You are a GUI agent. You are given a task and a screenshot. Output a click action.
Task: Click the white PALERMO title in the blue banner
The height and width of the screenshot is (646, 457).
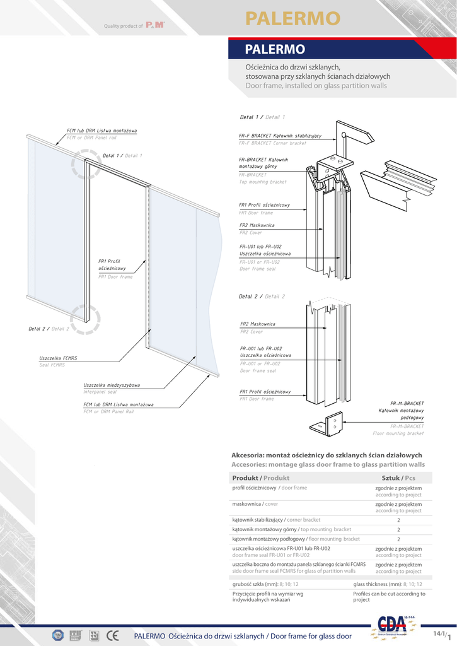[275, 49]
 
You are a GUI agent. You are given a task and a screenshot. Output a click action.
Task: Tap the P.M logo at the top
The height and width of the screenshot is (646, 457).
[155, 26]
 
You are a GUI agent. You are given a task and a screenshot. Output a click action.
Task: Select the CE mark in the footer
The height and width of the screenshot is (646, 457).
[113, 635]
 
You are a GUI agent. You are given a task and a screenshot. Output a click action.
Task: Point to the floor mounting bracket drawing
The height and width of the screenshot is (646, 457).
[327, 424]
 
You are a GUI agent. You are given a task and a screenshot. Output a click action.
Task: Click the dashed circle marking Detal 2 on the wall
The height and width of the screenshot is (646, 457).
[85, 318]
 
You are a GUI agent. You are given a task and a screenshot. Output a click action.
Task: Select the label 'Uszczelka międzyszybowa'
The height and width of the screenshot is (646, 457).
[112, 385]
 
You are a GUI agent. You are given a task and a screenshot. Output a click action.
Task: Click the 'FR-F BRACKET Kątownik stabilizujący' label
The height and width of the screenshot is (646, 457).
[280, 136]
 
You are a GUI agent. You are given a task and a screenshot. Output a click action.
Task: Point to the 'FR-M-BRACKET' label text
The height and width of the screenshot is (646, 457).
[407, 402]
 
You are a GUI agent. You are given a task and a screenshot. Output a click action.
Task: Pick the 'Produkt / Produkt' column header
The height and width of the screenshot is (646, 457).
[260, 478]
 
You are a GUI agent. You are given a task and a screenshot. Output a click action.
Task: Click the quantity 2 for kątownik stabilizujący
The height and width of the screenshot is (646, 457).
[398, 520]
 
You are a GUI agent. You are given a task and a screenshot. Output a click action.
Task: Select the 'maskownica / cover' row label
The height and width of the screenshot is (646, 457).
[255, 504]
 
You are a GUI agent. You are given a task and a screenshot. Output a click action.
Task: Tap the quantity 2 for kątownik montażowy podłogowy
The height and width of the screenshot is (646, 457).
[398, 539]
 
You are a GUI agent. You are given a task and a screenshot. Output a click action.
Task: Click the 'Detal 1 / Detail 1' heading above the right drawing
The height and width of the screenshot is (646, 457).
[262, 117]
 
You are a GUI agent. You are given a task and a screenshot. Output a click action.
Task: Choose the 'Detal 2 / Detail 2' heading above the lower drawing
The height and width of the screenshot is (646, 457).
[262, 297]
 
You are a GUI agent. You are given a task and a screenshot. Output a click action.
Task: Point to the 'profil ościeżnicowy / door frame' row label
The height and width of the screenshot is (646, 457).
[269, 488]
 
